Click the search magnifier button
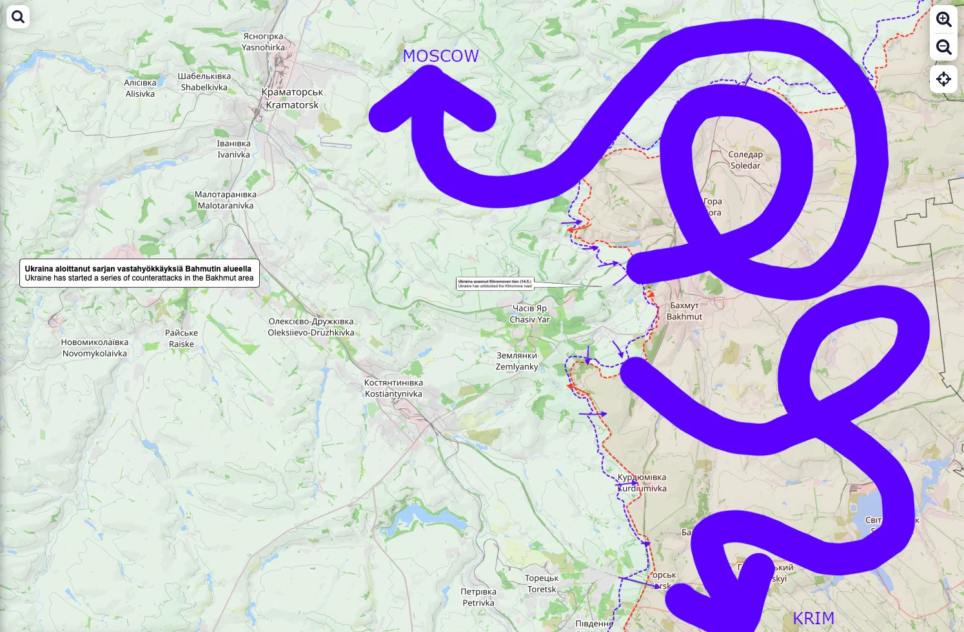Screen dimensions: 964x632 click(x=18, y=17)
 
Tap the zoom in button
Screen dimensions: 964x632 click(x=943, y=19)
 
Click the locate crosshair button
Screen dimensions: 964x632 click(x=943, y=79)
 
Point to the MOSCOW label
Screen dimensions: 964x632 click(x=440, y=57)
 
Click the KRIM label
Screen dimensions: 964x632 click(x=813, y=618)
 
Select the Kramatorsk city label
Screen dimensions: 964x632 click(x=292, y=99)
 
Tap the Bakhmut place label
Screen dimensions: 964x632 click(x=684, y=311)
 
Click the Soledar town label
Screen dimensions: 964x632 click(x=745, y=160)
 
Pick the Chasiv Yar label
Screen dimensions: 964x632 click(x=529, y=314)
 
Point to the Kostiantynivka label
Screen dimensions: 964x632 click(x=393, y=388)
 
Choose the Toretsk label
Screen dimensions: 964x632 click(x=542, y=584)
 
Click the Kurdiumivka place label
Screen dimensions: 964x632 click(x=642, y=483)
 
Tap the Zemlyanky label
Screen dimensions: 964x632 click(x=516, y=361)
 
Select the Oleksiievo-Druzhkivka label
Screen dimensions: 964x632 click(x=311, y=327)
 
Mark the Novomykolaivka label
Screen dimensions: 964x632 click(x=95, y=348)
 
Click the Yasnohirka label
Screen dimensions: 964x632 click(x=263, y=42)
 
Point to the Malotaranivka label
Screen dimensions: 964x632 click(x=226, y=200)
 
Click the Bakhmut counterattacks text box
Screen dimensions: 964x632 click(x=139, y=273)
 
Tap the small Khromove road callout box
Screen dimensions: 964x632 click(x=495, y=283)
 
